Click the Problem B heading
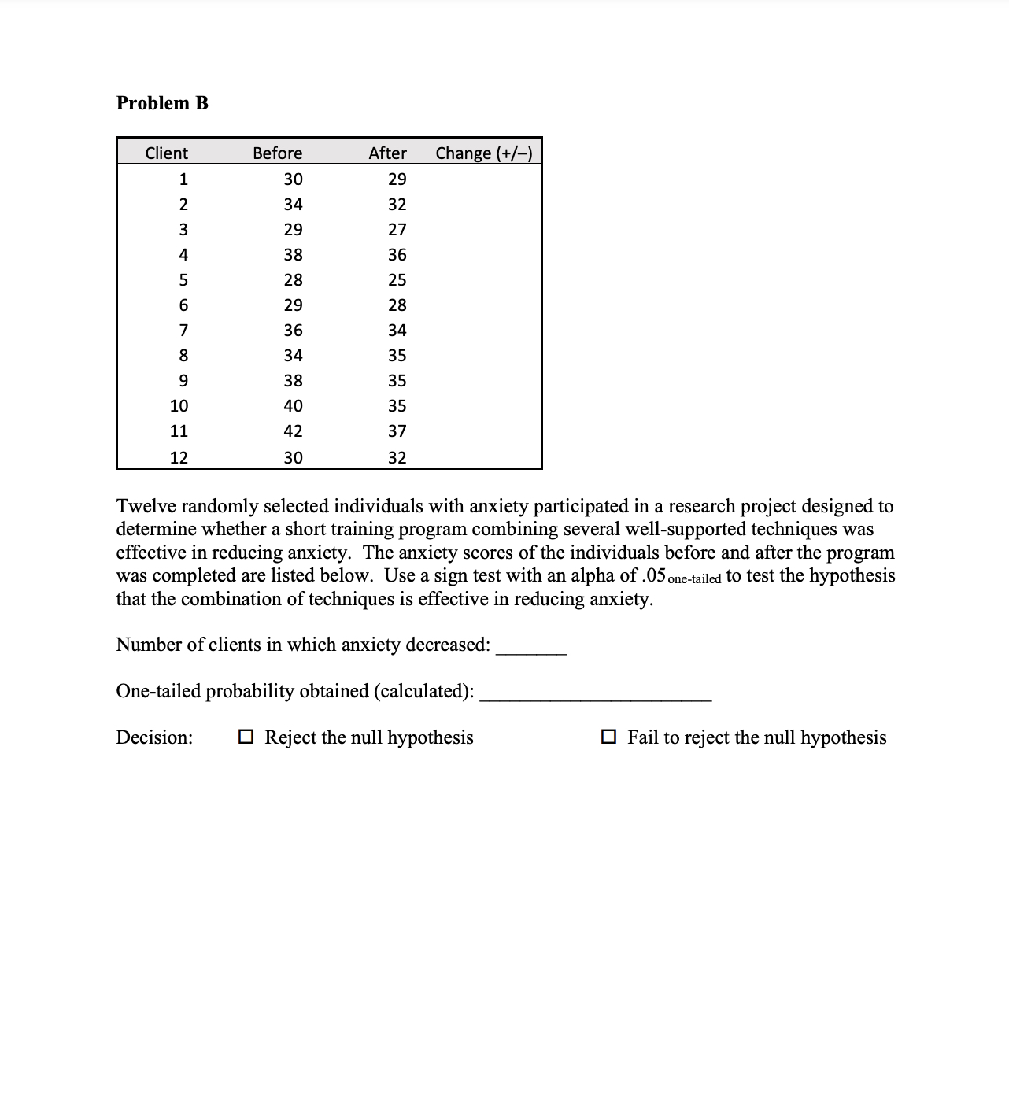click(x=162, y=103)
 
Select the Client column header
click(x=166, y=153)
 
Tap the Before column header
click(x=277, y=153)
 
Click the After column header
click(x=387, y=153)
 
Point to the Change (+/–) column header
click(x=483, y=153)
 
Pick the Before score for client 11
click(x=293, y=431)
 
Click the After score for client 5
click(x=397, y=280)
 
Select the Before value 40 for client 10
click(x=293, y=406)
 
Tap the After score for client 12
click(x=397, y=457)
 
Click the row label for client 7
click(x=183, y=331)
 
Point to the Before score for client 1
click(x=293, y=179)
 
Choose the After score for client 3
click(x=397, y=230)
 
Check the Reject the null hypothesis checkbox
click(x=246, y=737)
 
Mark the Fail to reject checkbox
click(x=608, y=737)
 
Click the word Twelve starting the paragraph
click(x=147, y=506)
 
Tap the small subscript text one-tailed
click(x=694, y=579)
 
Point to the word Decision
click(x=154, y=737)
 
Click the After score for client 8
click(x=397, y=356)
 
